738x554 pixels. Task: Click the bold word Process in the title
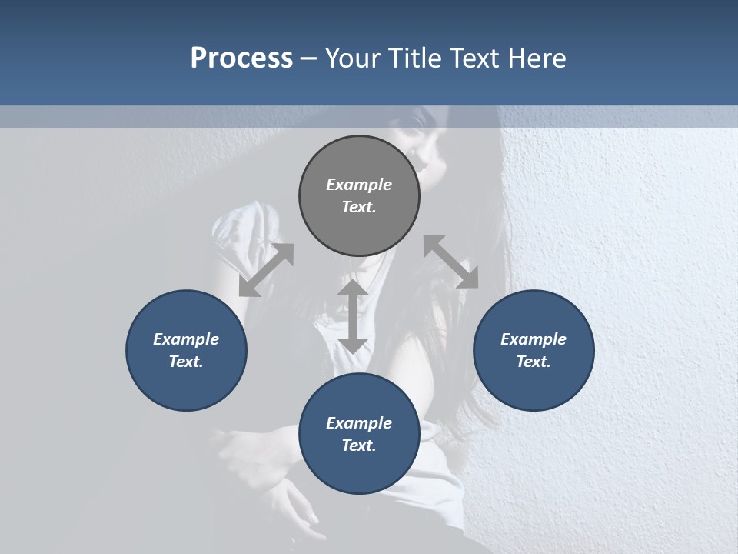tap(241, 58)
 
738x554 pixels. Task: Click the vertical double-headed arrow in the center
tap(353, 317)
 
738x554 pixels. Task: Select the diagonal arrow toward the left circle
tap(266, 270)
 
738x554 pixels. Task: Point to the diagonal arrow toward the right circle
tap(450, 262)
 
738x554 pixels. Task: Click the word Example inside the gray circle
tap(359, 185)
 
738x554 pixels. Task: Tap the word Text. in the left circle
tap(186, 362)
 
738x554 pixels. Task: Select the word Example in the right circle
tap(534, 339)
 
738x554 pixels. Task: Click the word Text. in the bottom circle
tap(359, 446)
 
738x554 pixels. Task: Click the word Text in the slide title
tap(474, 58)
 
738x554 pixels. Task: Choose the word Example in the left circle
tap(186, 339)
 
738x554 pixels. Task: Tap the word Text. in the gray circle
tap(359, 207)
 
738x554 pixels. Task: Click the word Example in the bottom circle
tap(359, 423)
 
